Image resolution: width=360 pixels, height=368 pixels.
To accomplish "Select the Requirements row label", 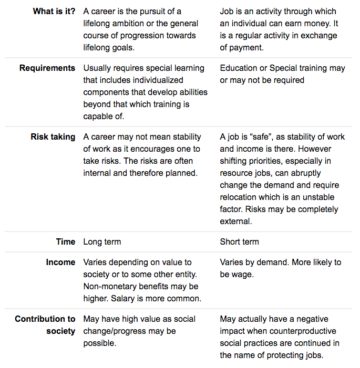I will coord(47,68).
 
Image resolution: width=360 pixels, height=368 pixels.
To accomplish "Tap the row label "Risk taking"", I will coord(53,137).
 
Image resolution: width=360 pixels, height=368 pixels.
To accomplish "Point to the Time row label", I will coord(66,242).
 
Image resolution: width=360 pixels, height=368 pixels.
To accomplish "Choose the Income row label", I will coord(60,262).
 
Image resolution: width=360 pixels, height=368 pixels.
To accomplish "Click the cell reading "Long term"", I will coord(102,242).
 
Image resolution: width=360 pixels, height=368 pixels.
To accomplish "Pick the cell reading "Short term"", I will coord(240,242).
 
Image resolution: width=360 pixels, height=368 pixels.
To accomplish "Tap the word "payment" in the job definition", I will coord(245,47).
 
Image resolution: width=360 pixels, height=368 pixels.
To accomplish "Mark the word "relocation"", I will coord(240,197).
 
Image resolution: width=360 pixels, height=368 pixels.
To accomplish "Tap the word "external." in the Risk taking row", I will coord(236,222).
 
